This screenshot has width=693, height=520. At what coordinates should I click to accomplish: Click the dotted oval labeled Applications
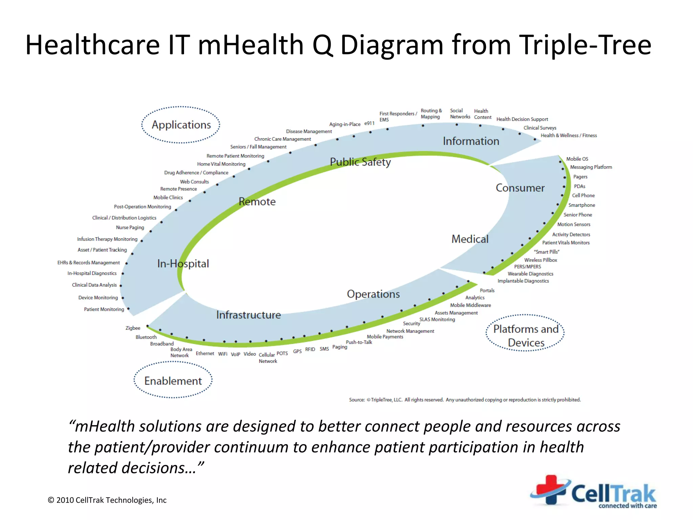[181, 125]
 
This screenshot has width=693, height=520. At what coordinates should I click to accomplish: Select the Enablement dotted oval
[173, 381]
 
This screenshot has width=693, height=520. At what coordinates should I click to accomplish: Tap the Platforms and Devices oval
[526, 335]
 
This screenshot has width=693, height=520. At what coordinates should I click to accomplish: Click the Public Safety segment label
[360, 162]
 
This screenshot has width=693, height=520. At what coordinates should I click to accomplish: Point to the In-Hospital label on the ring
[183, 263]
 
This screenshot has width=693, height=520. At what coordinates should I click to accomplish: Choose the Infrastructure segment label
[248, 315]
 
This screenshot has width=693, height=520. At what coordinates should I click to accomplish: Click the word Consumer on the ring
[520, 188]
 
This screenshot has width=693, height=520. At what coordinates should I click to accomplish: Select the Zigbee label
[133, 328]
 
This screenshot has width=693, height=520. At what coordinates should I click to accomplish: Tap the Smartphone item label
[582, 205]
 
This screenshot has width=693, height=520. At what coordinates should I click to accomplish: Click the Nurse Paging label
[130, 227]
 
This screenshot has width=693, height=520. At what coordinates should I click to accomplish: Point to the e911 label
[369, 124]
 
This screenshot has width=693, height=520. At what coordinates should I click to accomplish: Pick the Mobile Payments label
[385, 337]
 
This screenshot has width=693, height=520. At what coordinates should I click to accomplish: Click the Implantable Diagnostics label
[523, 281]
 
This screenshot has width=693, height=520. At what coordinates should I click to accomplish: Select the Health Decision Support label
[522, 119]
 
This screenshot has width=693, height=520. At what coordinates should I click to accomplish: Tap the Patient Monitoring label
[104, 309]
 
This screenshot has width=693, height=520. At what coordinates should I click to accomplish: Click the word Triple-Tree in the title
[585, 45]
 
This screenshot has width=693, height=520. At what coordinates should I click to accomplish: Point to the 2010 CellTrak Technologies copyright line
[107, 500]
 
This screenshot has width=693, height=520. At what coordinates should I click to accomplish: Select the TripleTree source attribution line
[465, 400]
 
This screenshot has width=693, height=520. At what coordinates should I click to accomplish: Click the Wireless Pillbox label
[540, 260]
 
